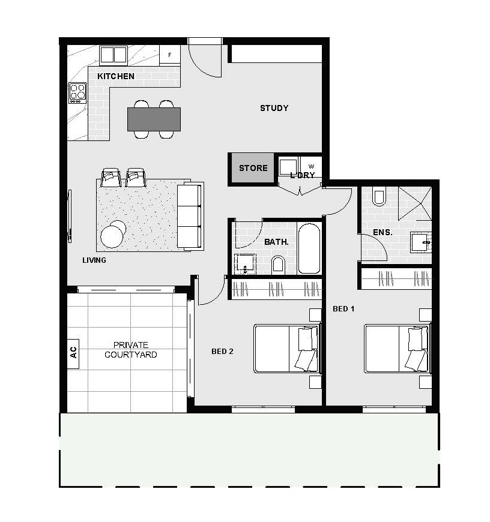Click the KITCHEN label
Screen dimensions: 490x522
click(116, 76)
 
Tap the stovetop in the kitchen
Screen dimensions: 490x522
click(77, 93)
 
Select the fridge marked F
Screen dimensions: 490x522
click(170, 54)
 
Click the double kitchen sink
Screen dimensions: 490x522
click(113, 55)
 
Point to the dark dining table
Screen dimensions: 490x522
click(154, 119)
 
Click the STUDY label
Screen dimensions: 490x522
click(274, 108)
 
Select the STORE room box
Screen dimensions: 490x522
click(253, 168)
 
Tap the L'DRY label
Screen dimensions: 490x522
click(303, 175)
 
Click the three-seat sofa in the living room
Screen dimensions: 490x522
click(190, 216)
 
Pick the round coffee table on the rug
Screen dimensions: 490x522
click(112, 236)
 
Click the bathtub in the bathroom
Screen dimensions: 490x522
click(309, 248)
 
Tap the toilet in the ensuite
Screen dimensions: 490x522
click(380, 197)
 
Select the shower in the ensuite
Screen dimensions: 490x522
click(415, 203)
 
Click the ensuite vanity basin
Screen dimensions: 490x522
click(421, 242)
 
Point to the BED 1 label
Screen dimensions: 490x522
click(343, 309)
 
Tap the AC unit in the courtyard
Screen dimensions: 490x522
click(73, 353)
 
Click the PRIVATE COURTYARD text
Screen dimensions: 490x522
click(130, 350)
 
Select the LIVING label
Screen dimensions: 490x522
click(94, 260)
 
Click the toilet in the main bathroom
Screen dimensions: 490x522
click(278, 265)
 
